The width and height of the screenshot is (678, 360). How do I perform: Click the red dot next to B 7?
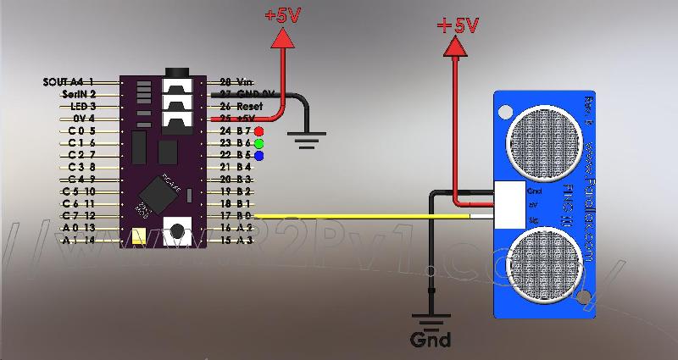[x=258, y=131]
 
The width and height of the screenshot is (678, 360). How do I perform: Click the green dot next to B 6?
[x=258, y=143]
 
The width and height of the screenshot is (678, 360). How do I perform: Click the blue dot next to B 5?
[x=258, y=156]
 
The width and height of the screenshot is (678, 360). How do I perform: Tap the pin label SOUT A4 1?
[x=69, y=82]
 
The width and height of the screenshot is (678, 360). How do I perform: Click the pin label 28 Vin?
[x=236, y=82]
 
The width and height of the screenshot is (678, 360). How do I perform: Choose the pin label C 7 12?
[x=79, y=216]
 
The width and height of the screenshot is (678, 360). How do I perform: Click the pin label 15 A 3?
[x=236, y=241]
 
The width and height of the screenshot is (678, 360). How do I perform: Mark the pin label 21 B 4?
[x=236, y=168]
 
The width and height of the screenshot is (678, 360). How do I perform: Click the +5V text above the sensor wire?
[x=458, y=25]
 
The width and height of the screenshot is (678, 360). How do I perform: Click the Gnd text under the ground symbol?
[x=431, y=341]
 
